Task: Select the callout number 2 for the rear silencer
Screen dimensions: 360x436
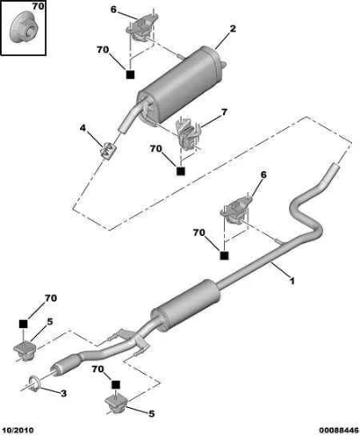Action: [233, 29]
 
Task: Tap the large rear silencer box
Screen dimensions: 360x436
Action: [179, 85]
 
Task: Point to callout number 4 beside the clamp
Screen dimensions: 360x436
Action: [83, 128]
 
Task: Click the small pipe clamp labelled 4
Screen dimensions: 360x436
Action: [108, 149]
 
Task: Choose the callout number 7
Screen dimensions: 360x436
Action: [224, 113]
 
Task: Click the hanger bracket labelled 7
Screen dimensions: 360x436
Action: [187, 133]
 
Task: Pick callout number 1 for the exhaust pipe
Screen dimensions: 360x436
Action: [292, 281]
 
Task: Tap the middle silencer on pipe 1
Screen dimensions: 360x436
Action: [185, 305]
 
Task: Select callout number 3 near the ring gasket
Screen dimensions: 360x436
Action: [63, 393]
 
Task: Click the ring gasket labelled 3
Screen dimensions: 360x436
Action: [35, 383]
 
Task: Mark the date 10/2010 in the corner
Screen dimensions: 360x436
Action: [19, 431]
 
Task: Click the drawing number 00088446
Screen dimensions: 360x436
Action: [338, 431]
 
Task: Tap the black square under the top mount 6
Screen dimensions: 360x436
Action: [130, 74]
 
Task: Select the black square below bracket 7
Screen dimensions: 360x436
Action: [180, 170]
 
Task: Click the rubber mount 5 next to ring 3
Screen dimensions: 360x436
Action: [24, 350]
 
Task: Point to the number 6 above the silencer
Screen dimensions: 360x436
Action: [113, 10]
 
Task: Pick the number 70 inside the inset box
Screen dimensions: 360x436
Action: [38, 6]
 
